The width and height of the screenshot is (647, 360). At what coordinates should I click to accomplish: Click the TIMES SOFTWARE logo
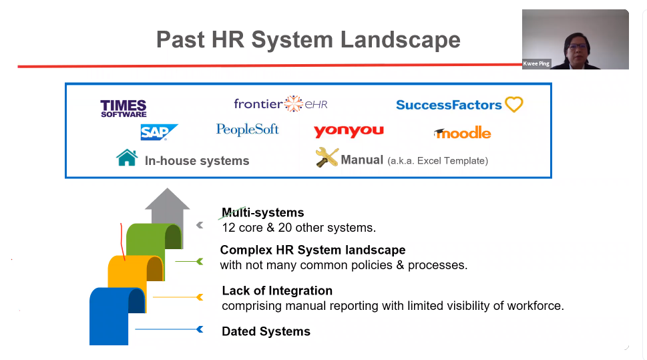(x=124, y=109)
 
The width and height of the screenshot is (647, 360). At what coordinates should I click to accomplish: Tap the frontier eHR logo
(x=280, y=104)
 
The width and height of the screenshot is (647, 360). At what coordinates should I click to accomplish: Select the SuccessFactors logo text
(x=449, y=105)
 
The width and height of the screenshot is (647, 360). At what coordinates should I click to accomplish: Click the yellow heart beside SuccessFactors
(x=513, y=104)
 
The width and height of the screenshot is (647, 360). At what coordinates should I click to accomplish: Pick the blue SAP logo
(x=159, y=132)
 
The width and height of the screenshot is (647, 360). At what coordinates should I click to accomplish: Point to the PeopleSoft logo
(x=248, y=130)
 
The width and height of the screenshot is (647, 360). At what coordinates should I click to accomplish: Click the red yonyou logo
(x=349, y=132)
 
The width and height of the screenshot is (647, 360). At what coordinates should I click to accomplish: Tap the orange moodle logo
(x=462, y=133)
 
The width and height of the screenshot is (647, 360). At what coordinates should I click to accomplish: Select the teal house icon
(x=127, y=158)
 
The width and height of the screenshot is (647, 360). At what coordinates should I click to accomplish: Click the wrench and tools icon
(x=327, y=158)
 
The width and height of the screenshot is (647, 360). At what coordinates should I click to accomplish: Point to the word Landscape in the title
(x=400, y=40)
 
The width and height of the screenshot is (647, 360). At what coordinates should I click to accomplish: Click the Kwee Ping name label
(x=536, y=63)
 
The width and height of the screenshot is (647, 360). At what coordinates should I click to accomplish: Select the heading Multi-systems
(x=263, y=212)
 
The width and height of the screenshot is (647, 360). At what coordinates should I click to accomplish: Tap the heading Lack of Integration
(x=277, y=291)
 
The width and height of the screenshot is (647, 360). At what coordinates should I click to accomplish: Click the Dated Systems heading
(x=266, y=331)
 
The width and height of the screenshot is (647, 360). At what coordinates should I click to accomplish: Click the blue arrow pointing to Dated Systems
(x=169, y=329)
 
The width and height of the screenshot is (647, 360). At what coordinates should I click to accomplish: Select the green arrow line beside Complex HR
(x=189, y=261)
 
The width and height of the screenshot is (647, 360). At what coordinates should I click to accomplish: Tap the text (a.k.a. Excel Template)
(x=437, y=160)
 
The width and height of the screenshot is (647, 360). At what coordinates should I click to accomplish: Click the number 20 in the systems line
(x=284, y=228)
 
